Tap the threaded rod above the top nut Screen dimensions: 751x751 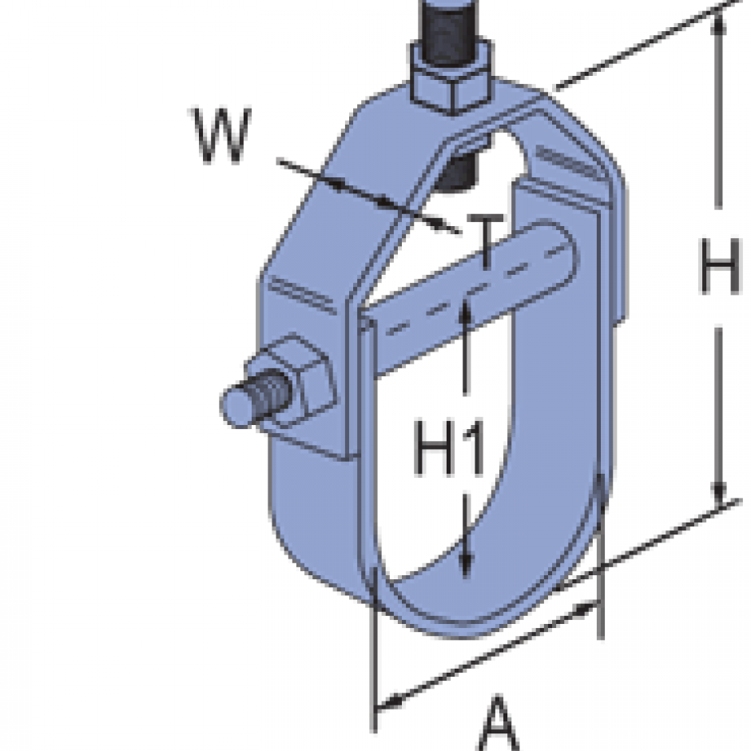[x=452, y=28]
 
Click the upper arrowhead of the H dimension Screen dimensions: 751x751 [x=720, y=24]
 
